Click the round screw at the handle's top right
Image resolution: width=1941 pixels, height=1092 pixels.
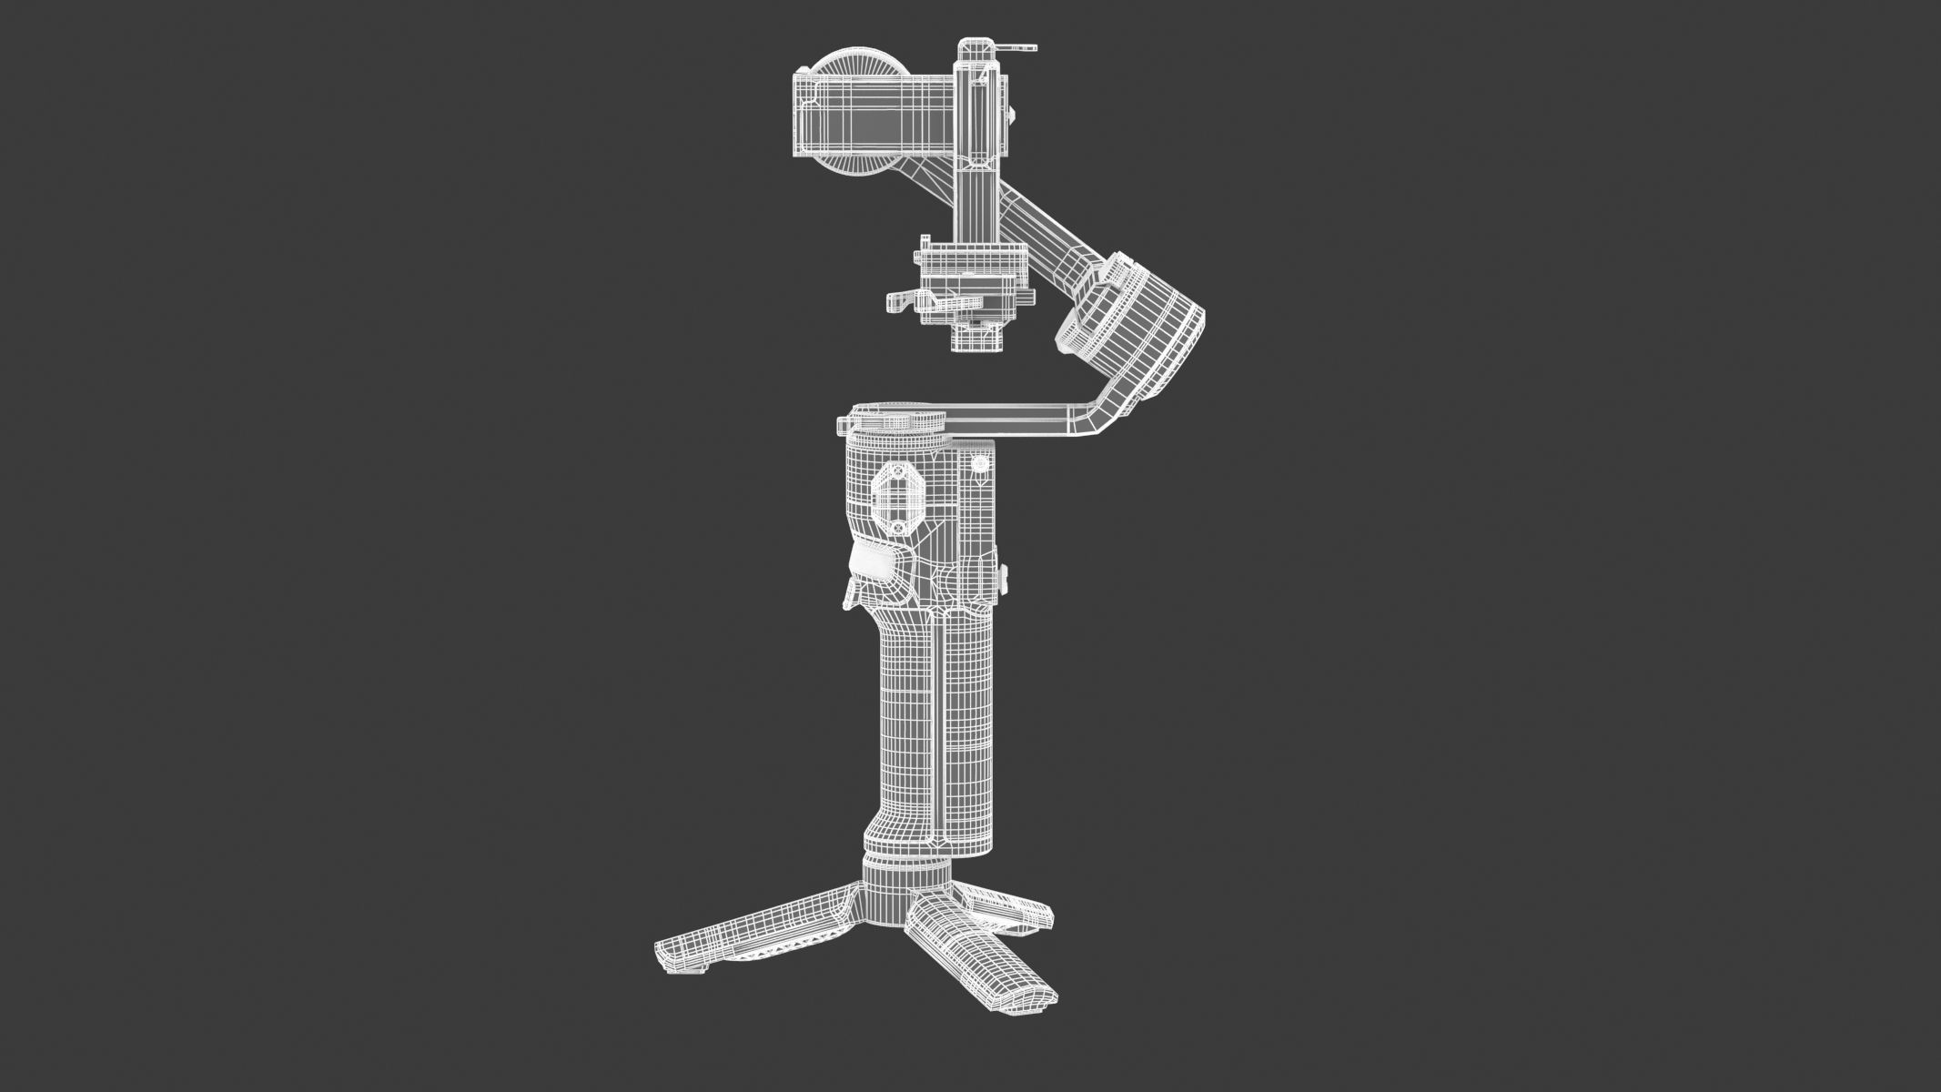(x=980, y=464)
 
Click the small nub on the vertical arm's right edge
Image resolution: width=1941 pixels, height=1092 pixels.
(x=1013, y=115)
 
